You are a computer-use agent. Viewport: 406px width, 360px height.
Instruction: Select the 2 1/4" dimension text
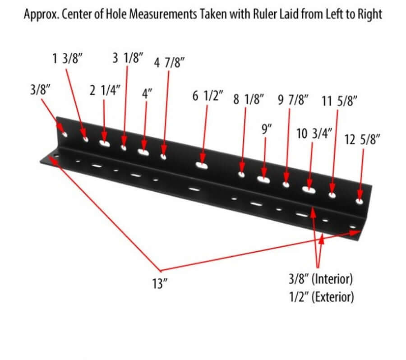point(104,91)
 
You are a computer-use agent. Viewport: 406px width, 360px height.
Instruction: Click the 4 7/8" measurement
point(170,63)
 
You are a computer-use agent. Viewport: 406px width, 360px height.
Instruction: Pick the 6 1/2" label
point(208,97)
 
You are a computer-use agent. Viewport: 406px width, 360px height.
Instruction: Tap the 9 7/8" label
point(293,100)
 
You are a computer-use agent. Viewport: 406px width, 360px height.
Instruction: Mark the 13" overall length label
point(160,284)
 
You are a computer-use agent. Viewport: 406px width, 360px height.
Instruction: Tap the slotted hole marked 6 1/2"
point(201,166)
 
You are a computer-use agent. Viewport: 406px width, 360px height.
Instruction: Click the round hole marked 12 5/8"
point(360,200)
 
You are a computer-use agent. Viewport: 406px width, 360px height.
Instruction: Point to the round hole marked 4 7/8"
point(163,157)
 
